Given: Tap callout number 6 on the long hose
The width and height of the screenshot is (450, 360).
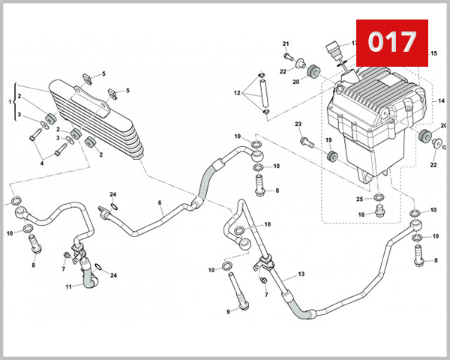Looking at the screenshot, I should pos(160,203).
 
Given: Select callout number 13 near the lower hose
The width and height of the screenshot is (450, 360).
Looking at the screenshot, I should pos(301,275).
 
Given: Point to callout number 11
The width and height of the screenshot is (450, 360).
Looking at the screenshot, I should pos(67,286).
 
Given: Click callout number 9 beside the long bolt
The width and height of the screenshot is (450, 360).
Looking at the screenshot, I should pos(227,310).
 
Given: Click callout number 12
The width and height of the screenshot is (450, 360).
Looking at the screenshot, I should pos(236,94).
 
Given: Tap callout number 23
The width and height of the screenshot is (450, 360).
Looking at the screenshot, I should pos(298,124).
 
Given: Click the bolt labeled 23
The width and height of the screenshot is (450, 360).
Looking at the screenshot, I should pos(304,140).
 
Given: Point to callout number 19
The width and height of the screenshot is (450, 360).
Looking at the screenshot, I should pos(328,140).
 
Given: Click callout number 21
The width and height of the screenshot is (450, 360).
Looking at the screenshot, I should pos(286,43).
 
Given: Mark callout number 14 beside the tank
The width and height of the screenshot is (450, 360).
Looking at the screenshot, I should pos(441,100).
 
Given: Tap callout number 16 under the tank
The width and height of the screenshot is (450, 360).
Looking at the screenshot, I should pos(361,214).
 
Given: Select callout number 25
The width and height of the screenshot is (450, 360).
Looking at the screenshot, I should pos(359,199).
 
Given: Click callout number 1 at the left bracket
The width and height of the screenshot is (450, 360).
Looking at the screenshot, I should pos(10,100).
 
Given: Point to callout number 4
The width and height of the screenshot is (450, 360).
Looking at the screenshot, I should pos(42,163).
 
